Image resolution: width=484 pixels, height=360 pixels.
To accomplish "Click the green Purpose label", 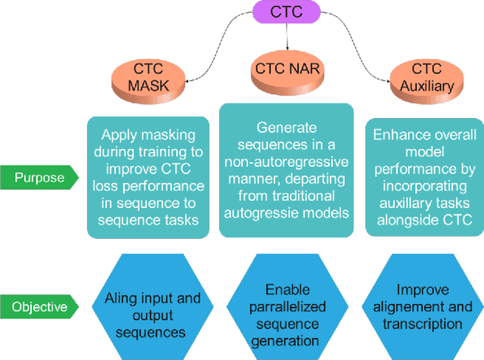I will (x=39, y=178).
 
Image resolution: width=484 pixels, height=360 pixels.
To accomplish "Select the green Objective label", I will (x=39, y=307).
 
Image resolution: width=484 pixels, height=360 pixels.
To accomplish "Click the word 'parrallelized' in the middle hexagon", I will (x=287, y=307).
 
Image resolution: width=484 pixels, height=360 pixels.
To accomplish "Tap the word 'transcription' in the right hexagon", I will (x=422, y=324).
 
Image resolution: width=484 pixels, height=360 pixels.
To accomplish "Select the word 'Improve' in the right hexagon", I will (x=422, y=290).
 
